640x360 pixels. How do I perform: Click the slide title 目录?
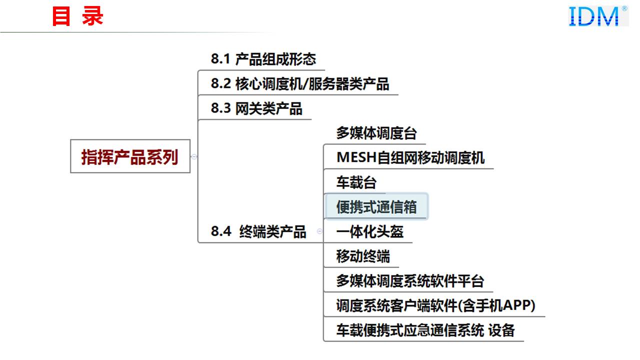[77, 16]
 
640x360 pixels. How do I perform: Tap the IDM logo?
[598, 16]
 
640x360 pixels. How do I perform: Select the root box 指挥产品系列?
[130, 156]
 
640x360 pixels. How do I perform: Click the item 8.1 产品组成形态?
[263, 59]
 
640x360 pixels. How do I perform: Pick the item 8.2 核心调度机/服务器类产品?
[299, 83]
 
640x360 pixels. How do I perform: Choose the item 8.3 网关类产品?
[256, 108]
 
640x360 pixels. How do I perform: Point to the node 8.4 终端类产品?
[258, 231]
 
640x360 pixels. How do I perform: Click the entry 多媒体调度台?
[376, 133]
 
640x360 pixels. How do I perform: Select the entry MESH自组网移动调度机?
[410, 158]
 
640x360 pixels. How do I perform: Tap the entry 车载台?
[356, 182]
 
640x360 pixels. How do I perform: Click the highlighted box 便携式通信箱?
[376, 206]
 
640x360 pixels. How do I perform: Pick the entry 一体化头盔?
[369, 231]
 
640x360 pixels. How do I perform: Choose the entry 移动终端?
[363, 256]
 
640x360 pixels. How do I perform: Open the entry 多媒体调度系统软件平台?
[409, 280]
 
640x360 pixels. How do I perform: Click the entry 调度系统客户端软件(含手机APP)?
[435, 305]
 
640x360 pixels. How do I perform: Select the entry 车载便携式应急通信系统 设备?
[425, 330]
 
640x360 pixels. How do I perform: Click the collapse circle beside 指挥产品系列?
[194, 156]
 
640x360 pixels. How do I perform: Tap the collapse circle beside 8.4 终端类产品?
[319, 231]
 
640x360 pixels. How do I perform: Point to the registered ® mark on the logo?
[624, 8]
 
